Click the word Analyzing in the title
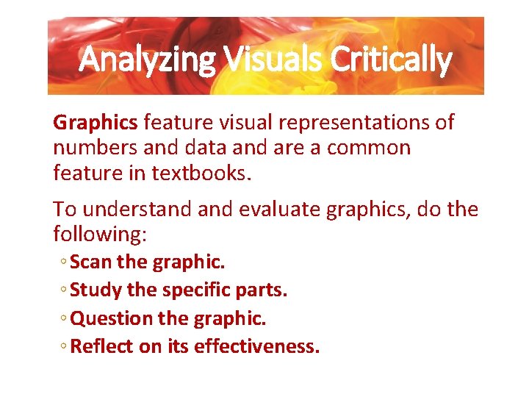tap(148, 60)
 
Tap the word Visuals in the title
tap(273, 60)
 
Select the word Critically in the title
tap(391, 60)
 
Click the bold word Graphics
tap(96, 122)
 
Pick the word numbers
tap(95, 148)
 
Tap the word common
tap(369, 148)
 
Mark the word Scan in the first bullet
tap(91, 262)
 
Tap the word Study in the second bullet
tap(96, 290)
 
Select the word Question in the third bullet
tap(109, 318)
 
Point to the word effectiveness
tap(256, 346)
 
